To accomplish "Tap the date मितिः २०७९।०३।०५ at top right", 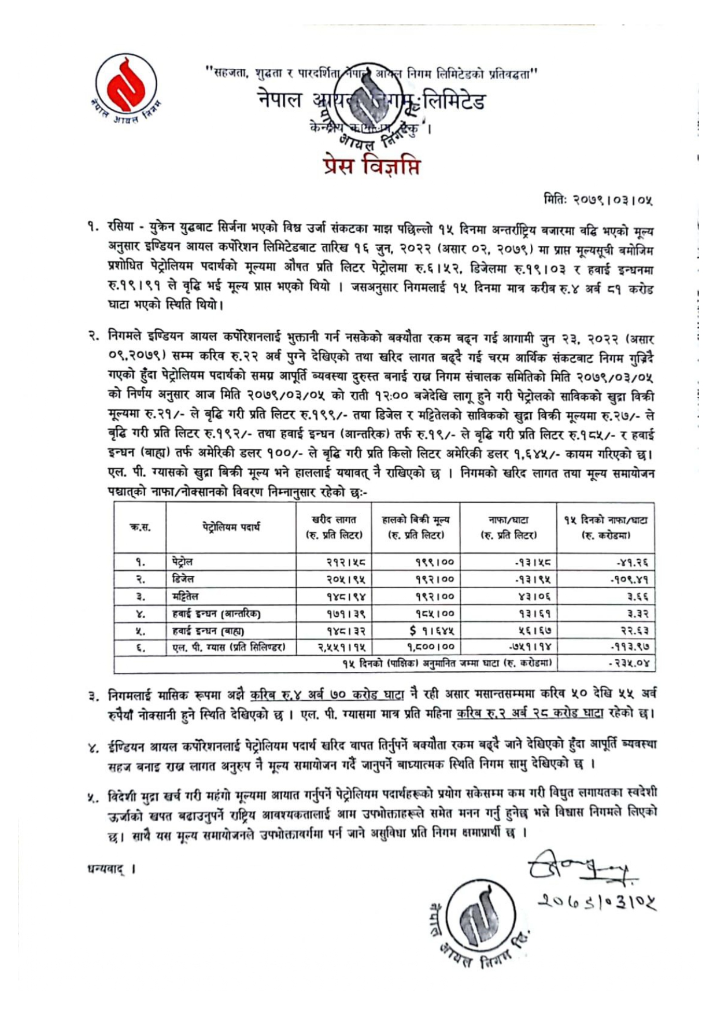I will click(x=598, y=200).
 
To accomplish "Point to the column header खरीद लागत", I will click(x=334, y=527).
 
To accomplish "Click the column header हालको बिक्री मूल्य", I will click(x=416, y=527).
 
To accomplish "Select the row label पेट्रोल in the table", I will click(x=183, y=562).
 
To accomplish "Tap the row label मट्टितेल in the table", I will click(x=185, y=596).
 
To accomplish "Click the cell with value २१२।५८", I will click(x=345, y=562).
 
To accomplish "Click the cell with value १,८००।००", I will click(x=426, y=647).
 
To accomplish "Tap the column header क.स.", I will click(x=139, y=527).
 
